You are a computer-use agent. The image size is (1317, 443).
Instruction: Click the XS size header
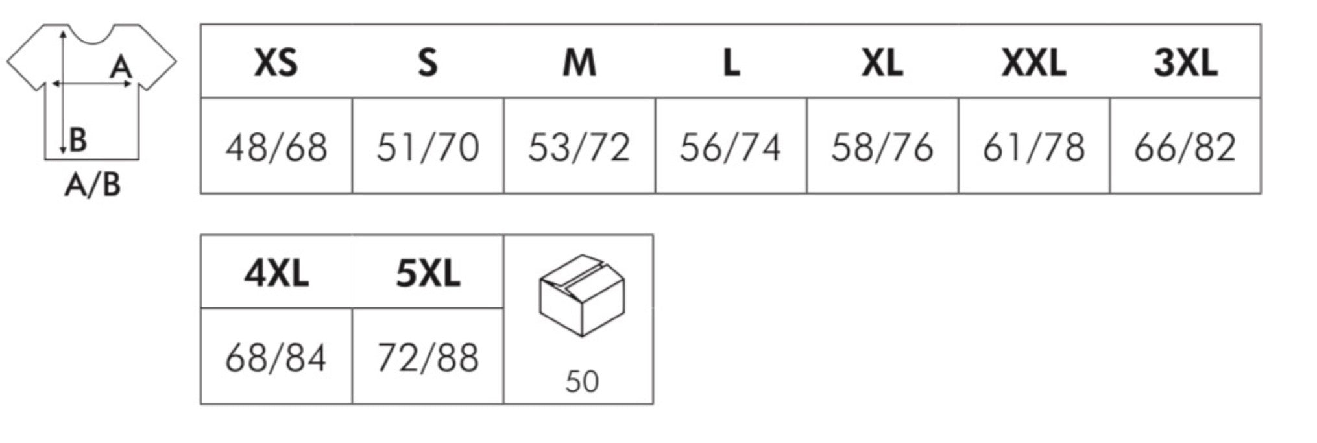click(276, 63)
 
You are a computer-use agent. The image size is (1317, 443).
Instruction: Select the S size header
click(428, 63)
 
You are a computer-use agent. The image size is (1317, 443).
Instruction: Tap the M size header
click(579, 63)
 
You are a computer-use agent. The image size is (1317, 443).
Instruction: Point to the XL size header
click(882, 63)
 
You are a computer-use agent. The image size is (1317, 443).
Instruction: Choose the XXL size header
click(1033, 63)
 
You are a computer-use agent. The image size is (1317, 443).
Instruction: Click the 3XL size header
click(1185, 63)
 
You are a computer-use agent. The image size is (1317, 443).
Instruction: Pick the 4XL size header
click(276, 273)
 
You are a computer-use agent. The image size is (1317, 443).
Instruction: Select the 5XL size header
click(428, 273)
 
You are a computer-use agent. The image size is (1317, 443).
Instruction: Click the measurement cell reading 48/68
click(276, 147)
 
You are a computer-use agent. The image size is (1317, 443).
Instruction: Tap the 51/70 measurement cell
click(428, 147)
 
